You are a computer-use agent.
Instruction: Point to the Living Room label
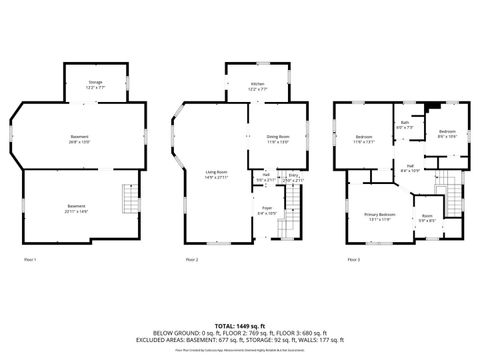coord(218,174)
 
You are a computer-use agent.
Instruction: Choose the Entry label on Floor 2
coord(294,178)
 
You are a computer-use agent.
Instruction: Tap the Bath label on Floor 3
coord(405,125)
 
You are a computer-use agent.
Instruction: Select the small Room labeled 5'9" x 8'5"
coord(427,218)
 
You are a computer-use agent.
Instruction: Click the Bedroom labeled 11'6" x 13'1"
coord(364,139)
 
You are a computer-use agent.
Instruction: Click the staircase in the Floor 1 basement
coord(128,199)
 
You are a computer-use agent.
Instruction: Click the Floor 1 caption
coord(30,260)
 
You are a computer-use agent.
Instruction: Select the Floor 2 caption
coord(191,260)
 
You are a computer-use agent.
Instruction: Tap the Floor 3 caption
coord(352,260)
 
